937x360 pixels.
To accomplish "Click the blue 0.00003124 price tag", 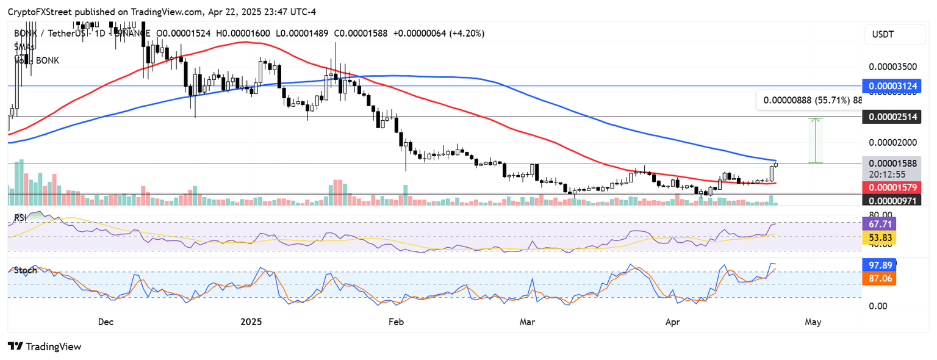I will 894,87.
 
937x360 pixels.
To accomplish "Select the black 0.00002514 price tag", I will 894,117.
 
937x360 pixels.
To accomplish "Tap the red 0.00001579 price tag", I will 894,187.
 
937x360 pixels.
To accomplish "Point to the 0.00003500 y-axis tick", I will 894,66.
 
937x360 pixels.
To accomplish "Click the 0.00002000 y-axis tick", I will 894,142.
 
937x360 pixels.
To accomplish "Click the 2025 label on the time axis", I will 251,321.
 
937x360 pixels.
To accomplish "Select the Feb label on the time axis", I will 396,321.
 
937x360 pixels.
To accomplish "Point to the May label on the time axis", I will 813,321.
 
